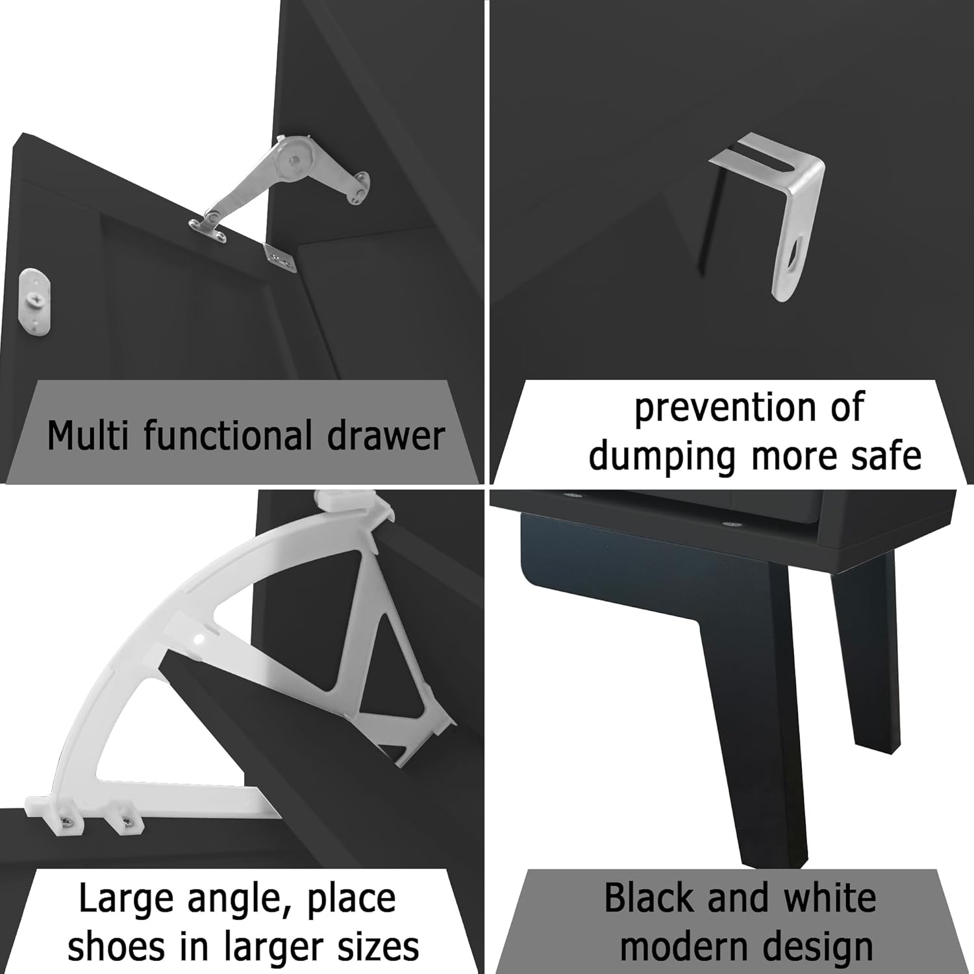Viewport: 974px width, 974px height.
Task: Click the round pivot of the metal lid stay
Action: (x=294, y=156)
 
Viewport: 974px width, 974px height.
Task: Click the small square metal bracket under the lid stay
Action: (x=280, y=256)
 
